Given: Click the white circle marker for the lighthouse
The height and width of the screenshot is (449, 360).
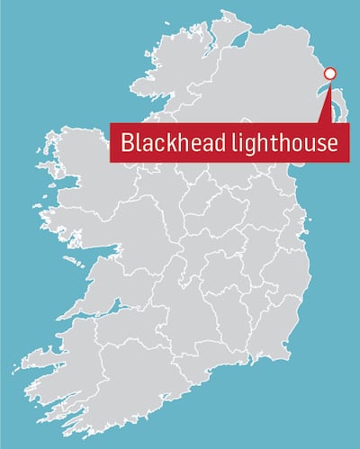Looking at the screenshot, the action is [x=329, y=74].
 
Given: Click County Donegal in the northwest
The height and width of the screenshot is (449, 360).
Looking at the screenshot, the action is [x=171, y=81].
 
